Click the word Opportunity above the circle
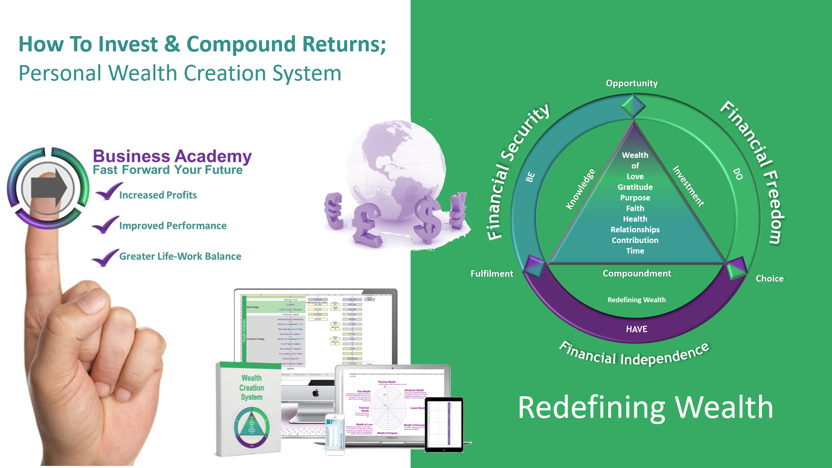point(631,83)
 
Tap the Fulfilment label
point(492,274)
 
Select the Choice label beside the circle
point(769,279)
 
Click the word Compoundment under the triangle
point(637,274)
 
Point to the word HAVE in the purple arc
point(636,329)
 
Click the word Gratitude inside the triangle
point(635,187)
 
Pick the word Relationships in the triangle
point(635,230)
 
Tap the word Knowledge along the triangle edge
point(580,189)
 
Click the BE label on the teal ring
point(530,177)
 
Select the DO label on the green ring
point(738,174)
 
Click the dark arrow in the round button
point(49,188)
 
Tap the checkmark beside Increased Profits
point(108,192)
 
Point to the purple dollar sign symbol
point(427,218)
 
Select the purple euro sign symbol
point(334,211)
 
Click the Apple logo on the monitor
point(316,393)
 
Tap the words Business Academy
point(172,156)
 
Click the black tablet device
point(444,424)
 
